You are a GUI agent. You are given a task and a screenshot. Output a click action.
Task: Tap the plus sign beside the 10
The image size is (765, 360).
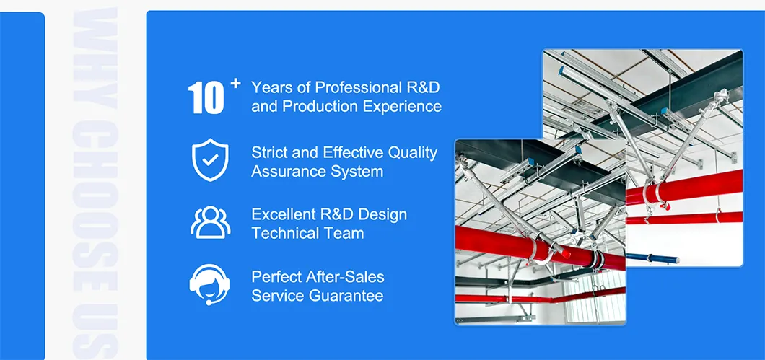[x=235, y=84]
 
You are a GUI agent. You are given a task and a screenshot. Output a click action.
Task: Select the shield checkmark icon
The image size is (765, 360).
[x=210, y=161]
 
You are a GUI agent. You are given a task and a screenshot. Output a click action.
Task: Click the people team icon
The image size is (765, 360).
[x=210, y=222]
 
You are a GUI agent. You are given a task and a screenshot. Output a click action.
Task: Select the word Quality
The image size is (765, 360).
[x=413, y=152]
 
